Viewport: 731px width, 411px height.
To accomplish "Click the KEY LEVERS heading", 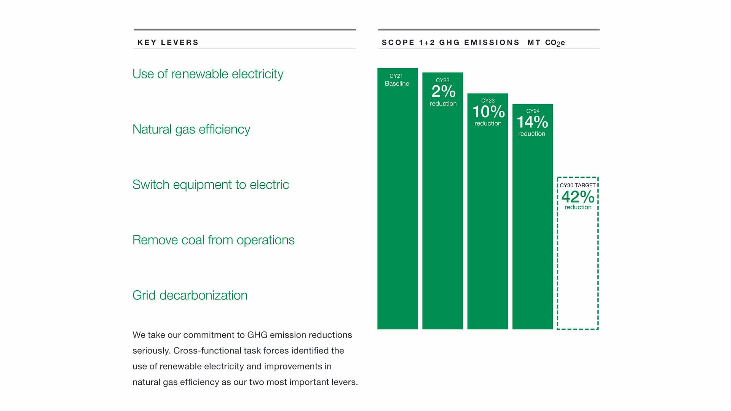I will pos(168,43).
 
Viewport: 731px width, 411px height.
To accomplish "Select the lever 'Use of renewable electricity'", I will pos(208,74).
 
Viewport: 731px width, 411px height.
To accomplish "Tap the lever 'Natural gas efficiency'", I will pos(191,129).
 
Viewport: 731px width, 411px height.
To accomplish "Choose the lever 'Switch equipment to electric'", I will pos(211,185).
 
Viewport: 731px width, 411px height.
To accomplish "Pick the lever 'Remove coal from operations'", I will pos(213,240).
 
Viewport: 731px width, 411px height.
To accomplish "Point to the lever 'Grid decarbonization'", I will pos(190,295).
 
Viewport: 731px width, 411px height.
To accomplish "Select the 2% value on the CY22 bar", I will pos(443,91).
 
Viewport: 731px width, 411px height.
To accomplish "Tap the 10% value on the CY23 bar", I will pos(488,112).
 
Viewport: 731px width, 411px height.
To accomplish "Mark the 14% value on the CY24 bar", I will pos(532,122).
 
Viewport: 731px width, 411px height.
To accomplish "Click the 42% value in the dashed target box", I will pos(578,197).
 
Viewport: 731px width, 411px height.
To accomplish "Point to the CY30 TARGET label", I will pos(578,185).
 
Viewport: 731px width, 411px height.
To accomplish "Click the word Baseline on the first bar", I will pos(397,84).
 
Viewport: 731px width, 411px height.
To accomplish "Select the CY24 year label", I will pos(533,111).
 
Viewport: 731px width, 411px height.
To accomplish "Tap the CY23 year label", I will pos(488,101).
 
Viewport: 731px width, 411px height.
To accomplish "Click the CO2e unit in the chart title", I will pos(555,43).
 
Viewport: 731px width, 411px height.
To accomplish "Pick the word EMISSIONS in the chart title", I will pos(492,43).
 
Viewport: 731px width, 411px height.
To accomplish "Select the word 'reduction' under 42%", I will pos(578,207).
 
